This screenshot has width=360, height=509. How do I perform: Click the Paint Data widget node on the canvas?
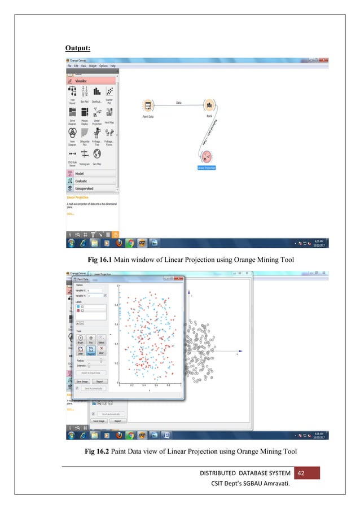click(x=147, y=106)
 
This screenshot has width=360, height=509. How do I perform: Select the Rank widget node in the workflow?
click(x=208, y=106)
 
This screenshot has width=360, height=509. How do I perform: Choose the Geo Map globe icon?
click(x=97, y=154)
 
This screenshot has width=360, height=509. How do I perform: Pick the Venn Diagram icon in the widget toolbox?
click(x=72, y=133)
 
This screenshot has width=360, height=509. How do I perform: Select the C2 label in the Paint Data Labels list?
click(x=83, y=310)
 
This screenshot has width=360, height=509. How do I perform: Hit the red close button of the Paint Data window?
click(x=178, y=279)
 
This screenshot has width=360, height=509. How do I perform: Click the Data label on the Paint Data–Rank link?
click(x=178, y=103)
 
